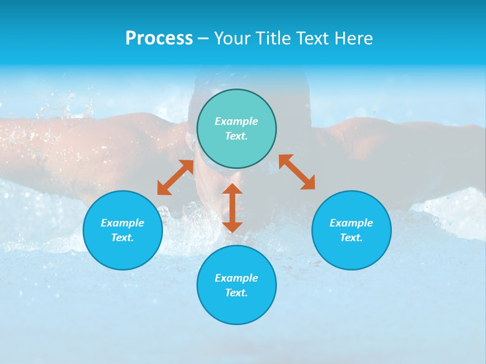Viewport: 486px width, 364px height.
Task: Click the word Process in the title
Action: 159,38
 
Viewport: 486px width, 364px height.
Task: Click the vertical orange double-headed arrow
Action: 232,208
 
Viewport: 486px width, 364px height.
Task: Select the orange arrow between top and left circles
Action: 175,177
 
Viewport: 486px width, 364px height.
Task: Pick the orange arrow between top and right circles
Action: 297,172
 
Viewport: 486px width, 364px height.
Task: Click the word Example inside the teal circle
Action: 236,121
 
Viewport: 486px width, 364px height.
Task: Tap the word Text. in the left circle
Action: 123,238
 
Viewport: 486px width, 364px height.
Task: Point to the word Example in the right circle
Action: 351,223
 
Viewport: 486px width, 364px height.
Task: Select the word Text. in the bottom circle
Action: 236,293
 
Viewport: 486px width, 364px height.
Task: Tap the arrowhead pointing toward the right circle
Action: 308,183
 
